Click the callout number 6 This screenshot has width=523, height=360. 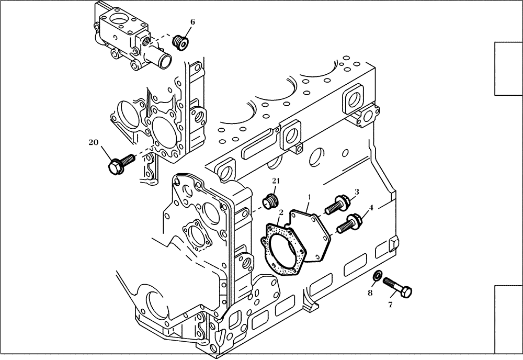tap(192, 22)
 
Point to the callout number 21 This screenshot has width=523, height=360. tap(276, 181)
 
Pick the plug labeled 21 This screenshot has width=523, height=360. tap(269, 200)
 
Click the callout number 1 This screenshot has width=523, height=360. tap(310, 197)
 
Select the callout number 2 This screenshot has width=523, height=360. tap(281, 212)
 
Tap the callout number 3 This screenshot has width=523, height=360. tap(356, 192)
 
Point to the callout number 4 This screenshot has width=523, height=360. tap(371, 207)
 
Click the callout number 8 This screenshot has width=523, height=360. tap(369, 293)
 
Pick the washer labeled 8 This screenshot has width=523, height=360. tap(376, 276)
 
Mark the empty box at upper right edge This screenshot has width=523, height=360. tap(508, 69)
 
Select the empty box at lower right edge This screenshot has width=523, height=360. tap(508, 319)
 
